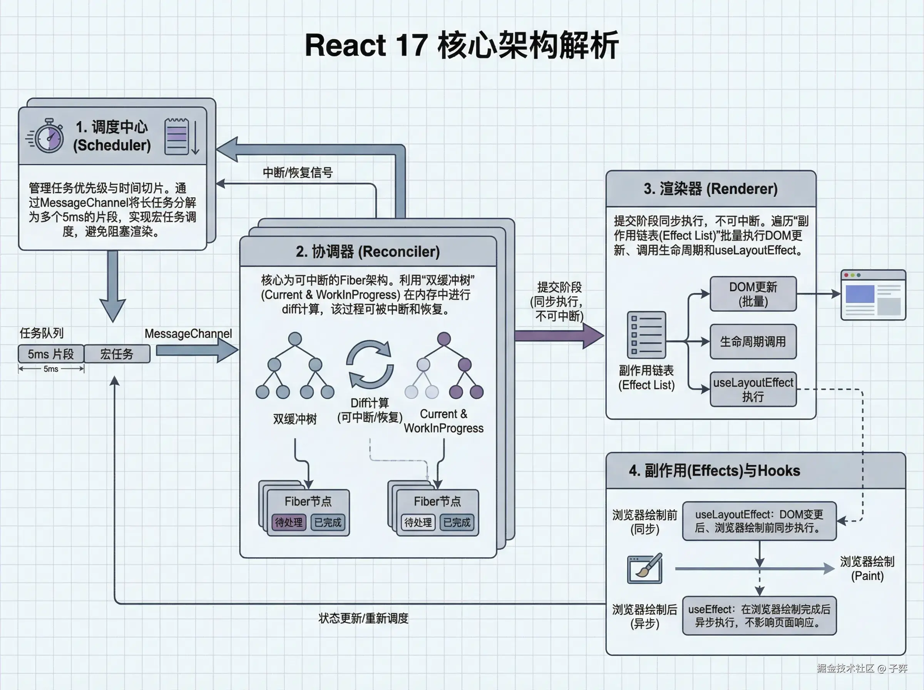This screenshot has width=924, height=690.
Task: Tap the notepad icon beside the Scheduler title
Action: point(177,137)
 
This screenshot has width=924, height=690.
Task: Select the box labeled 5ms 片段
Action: point(50,354)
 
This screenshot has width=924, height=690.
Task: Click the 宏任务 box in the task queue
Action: point(117,354)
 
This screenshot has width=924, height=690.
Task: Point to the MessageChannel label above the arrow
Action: point(188,333)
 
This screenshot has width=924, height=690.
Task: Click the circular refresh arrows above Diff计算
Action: point(370,364)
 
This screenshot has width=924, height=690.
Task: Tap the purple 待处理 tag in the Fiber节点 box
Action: point(289,522)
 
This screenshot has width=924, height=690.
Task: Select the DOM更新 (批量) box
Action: point(753,294)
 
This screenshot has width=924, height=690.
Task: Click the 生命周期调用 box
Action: point(753,341)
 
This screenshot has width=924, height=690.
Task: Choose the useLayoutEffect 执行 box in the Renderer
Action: point(753,389)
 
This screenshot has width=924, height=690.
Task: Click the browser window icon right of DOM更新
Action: point(873,295)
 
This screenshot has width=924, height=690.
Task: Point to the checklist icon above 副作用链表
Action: point(646,335)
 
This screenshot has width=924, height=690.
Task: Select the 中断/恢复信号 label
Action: point(297,172)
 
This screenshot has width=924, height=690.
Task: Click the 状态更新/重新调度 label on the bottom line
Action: point(363,618)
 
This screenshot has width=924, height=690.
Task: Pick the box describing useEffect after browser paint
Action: point(759,616)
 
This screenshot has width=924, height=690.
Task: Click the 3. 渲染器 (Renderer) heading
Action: point(711,189)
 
